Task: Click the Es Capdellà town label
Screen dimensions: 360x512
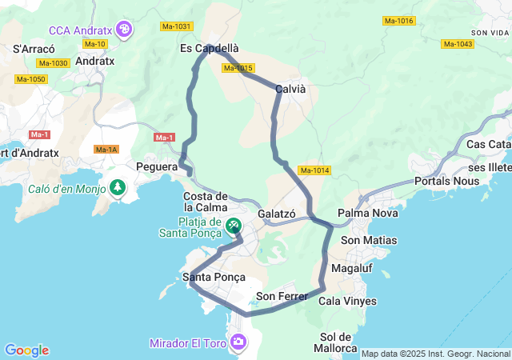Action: pyautogui.click(x=209, y=48)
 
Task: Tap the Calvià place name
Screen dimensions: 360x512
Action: pyautogui.click(x=290, y=89)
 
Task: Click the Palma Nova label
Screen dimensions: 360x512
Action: pyautogui.click(x=363, y=214)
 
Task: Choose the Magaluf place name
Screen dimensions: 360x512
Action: pyautogui.click(x=352, y=267)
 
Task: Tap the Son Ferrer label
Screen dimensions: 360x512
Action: pyautogui.click(x=282, y=297)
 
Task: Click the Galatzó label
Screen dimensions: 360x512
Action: pyautogui.click(x=277, y=214)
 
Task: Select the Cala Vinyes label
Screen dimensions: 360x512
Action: pyautogui.click(x=347, y=302)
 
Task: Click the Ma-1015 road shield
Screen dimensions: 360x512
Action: pyautogui.click(x=238, y=68)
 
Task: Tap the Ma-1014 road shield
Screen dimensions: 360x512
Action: pyautogui.click(x=314, y=170)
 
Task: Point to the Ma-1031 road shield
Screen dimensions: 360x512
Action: pyautogui.click(x=177, y=26)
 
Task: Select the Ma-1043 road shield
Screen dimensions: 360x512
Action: pyautogui.click(x=458, y=44)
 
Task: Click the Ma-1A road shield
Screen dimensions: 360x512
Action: pyautogui.click(x=106, y=150)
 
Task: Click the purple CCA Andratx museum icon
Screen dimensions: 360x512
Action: pyautogui.click(x=125, y=30)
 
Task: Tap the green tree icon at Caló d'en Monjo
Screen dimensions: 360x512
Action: pyautogui.click(x=118, y=188)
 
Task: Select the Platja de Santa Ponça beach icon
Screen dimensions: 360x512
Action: pyautogui.click(x=233, y=226)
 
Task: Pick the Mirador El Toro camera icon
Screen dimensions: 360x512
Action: pyautogui.click(x=238, y=343)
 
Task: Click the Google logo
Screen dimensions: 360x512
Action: pyautogui.click(x=26, y=350)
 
